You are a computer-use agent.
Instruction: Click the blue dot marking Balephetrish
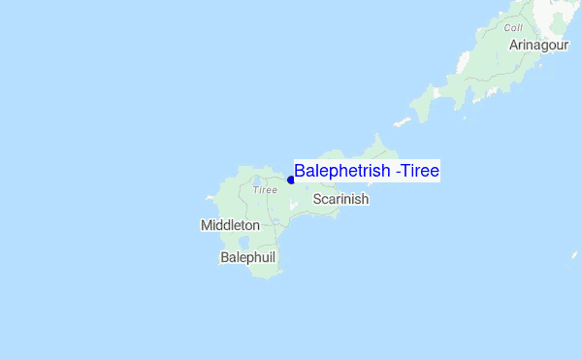click(291, 180)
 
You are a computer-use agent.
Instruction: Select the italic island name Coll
click(513, 28)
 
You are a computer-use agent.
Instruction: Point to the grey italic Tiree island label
click(265, 190)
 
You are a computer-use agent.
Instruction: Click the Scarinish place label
click(340, 199)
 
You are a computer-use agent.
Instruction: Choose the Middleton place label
click(230, 225)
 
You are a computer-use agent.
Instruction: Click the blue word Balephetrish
click(343, 172)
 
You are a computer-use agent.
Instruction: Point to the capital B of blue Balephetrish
click(301, 172)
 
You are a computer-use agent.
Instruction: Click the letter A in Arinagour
click(513, 45)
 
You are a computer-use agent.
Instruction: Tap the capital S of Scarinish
click(317, 199)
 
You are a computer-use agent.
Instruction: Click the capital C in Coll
click(506, 28)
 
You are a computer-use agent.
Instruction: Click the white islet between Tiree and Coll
click(402, 123)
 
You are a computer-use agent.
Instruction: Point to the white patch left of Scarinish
click(294, 205)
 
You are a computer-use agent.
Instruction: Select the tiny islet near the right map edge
click(575, 255)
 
